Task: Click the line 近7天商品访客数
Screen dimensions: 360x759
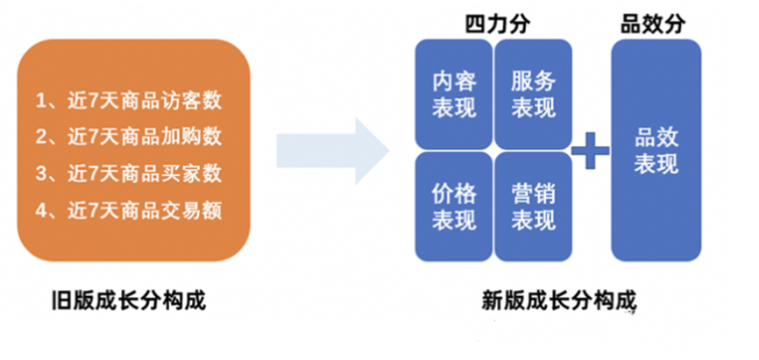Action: click(128, 101)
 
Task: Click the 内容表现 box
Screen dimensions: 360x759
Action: click(454, 95)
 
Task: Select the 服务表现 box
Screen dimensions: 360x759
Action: click(533, 95)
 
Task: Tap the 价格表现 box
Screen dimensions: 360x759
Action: click(454, 206)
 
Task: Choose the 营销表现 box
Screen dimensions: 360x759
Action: click(533, 206)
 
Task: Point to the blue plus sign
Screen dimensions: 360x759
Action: click(590, 151)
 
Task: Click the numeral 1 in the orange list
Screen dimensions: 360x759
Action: click(40, 101)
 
